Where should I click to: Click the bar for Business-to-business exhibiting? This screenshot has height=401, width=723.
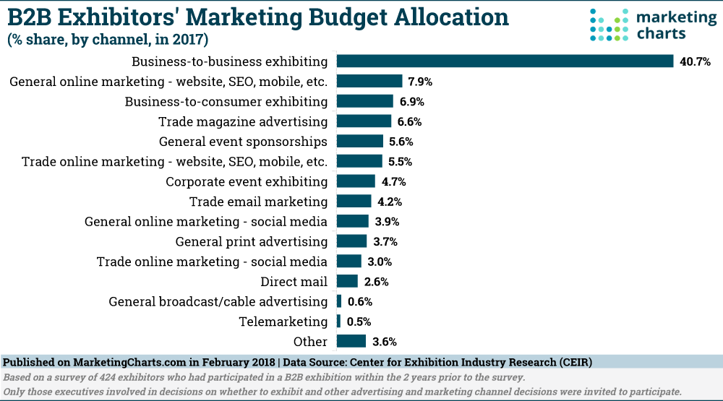pyautogui.click(x=505, y=61)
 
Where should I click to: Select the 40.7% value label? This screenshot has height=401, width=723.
pyautogui.click(x=695, y=62)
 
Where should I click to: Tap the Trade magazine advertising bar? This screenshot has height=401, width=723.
pyautogui.click(x=364, y=121)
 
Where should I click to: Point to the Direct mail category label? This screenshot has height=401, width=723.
pyautogui.click(x=294, y=282)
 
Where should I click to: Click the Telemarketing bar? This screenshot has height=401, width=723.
pyautogui.click(x=339, y=322)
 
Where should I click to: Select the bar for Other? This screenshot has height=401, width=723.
pyautogui.click(x=351, y=342)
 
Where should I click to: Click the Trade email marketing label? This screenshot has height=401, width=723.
pyautogui.click(x=258, y=202)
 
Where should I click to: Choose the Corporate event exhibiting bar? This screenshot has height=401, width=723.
pyautogui.click(x=356, y=181)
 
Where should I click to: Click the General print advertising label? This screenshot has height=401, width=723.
pyautogui.click(x=252, y=241)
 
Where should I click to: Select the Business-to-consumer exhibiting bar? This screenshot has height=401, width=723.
pyautogui.click(x=365, y=101)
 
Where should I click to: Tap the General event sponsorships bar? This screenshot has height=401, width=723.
pyautogui.click(x=360, y=142)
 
